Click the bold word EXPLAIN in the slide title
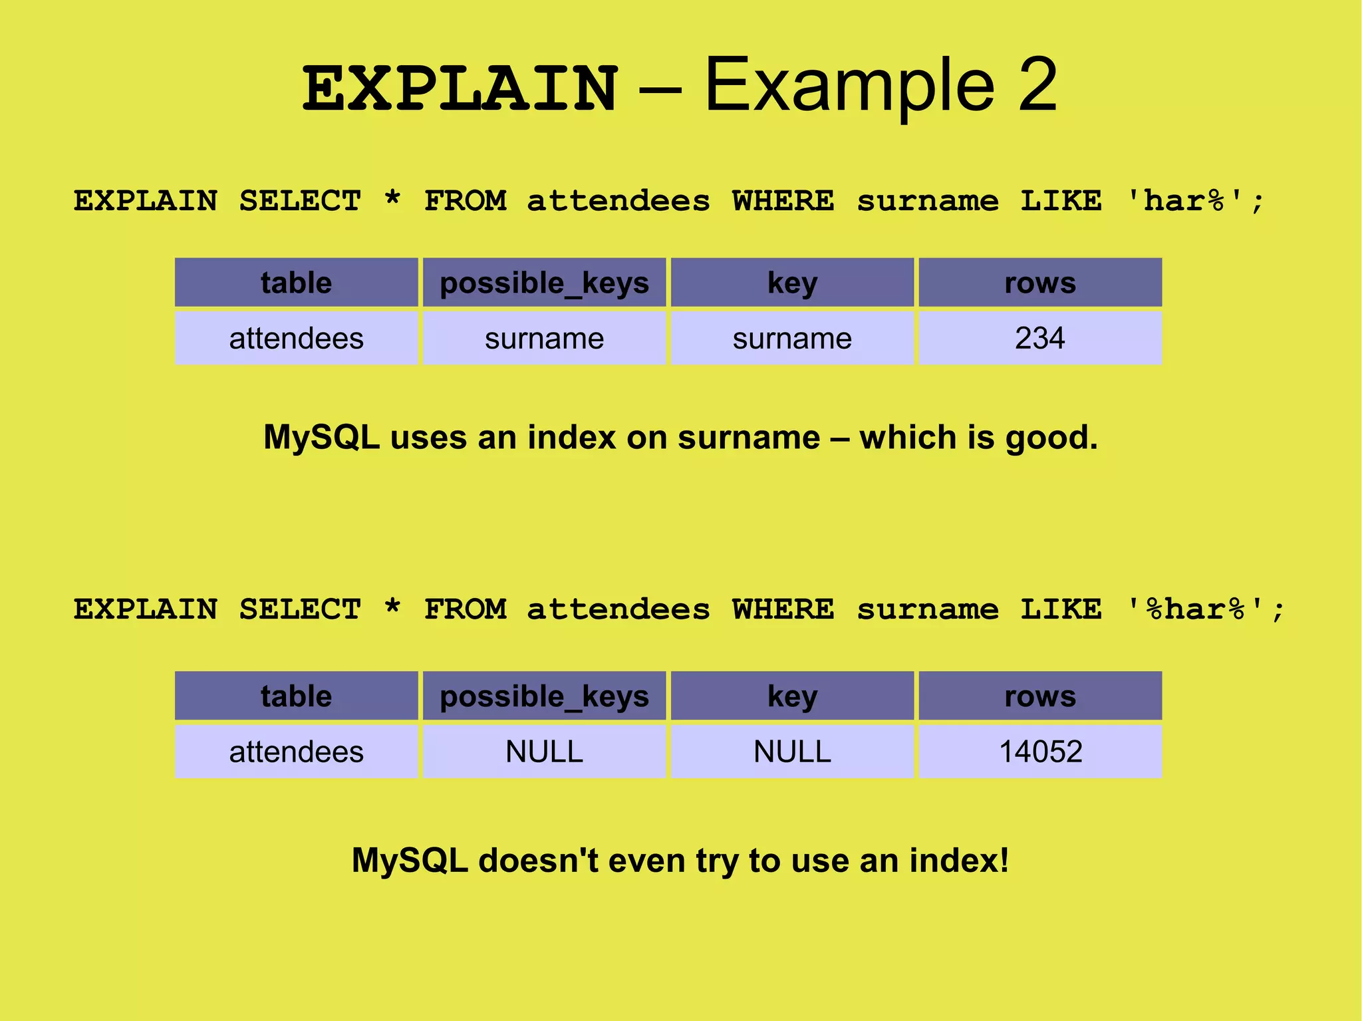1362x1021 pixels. coord(460,89)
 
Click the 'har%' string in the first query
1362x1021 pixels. coord(1184,201)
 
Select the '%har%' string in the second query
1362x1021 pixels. coord(1194,609)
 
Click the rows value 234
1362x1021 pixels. coord(1039,338)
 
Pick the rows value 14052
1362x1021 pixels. coord(1040,752)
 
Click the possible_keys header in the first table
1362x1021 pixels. coord(544,283)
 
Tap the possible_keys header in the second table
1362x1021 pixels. coord(544,696)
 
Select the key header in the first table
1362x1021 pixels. coord(792,283)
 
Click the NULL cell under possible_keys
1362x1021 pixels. coord(544,752)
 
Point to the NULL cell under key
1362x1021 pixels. coord(792,752)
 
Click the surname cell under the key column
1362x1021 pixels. coord(792,339)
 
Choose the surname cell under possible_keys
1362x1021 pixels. coord(544,339)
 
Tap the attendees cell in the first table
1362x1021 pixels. coord(297,339)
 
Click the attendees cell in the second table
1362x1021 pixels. coord(297,752)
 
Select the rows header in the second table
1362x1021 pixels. coord(1040,696)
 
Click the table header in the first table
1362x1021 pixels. coord(297,283)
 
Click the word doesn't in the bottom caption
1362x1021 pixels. coord(538,860)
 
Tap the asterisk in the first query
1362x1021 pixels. coord(393,198)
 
